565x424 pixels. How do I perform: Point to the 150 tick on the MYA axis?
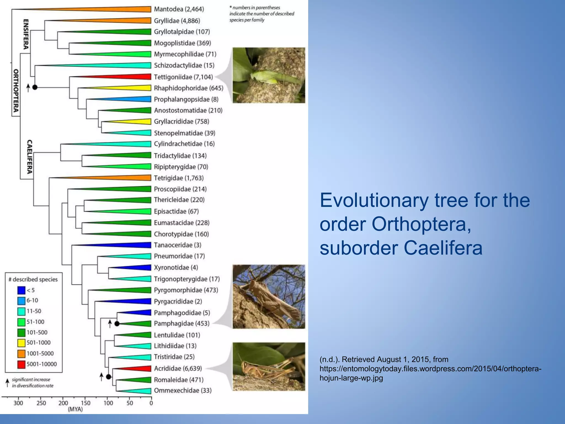pyautogui.click(x=86, y=403)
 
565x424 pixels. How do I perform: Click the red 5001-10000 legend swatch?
pyautogui.click(x=21, y=364)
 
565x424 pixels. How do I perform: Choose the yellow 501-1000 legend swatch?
pyautogui.click(x=21, y=343)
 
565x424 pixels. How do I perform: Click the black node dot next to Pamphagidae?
pyautogui.click(x=117, y=324)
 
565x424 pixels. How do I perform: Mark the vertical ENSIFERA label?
pyautogui.click(x=26, y=34)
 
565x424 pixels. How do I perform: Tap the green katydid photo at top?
pyautogui.click(x=269, y=75)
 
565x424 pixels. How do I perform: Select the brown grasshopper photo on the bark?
pyautogui.click(x=269, y=297)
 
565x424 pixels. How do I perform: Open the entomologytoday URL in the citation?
pyautogui.click(x=430, y=373)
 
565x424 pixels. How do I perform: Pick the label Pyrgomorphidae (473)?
pyautogui.click(x=186, y=290)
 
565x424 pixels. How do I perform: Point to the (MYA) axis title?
pyautogui.click(x=75, y=409)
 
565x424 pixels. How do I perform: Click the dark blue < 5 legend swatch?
pyautogui.click(x=21, y=290)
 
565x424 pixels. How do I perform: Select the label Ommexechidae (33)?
pyautogui.click(x=183, y=391)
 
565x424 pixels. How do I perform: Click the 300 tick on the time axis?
pyautogui.click(x=18, y=403)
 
